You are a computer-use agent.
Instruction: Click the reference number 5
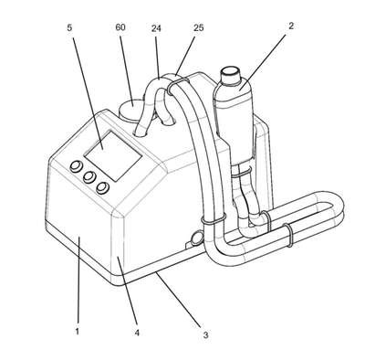tap(69, 27)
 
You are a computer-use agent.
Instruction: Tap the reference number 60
tap(120, 27)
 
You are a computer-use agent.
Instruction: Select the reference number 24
tap(156, 28)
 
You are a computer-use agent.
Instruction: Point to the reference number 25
tap(198, 27)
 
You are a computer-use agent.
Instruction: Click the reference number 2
tap(291, 26)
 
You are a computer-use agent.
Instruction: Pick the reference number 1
tap(78, 331)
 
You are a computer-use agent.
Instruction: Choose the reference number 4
tap(137, 333)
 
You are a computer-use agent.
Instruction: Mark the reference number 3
tap(205, 335)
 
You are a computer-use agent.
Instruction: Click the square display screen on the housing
tap(113, 155)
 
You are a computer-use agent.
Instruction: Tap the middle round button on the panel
tap(89, 177)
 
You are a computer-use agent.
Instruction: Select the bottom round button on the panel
tap(102, 187)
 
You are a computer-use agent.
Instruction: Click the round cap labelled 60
tap(131, 111)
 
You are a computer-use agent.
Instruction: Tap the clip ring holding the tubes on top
tap(177, 84)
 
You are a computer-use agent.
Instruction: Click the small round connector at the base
tap(196, 238)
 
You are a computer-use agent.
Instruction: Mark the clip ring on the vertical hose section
tap(214, 218)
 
